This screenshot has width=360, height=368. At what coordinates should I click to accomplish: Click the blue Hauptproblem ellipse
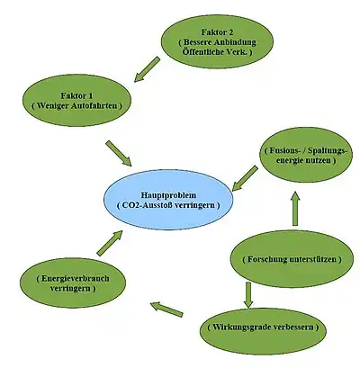click(x=168, y=200)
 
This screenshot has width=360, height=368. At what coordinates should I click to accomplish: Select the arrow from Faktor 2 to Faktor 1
click(x=147, y=69)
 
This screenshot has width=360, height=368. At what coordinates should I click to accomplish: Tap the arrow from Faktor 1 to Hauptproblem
click(x=119, y=153)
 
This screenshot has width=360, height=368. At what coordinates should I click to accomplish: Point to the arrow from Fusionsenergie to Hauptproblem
click(x=245, y=178)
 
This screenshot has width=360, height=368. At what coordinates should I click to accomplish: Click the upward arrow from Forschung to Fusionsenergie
click(x=295, y=208)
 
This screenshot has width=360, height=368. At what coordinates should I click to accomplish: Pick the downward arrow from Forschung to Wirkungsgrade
click(x=248, y=295)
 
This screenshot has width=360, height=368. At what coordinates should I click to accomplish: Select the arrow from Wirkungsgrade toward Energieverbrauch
click(x=166, y=310)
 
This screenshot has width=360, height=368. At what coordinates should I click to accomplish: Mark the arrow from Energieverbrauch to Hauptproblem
click(x=110, y=243)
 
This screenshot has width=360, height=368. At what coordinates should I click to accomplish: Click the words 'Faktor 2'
click(x=217, y=32)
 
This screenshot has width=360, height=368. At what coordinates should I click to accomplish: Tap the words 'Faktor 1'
click(x=76, y=96)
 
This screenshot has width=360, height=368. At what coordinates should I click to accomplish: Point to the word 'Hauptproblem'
click(x=168, y=195)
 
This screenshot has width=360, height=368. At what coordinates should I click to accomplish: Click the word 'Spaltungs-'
click(x=328, y=151)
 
